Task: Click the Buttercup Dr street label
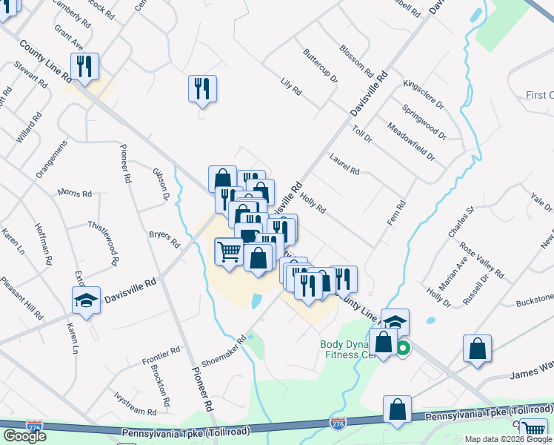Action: (x=320, y=66)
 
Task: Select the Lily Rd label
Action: (x=291, y=86)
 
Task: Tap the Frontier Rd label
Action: (x=161, y=356)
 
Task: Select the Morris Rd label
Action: (x=74, y=194)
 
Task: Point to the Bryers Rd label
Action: (x=164, y=239)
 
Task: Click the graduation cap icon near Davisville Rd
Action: (x=86, y=301)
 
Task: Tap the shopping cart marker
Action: (x=228, y=251)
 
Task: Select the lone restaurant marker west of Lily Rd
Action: (x=202, y=88)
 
